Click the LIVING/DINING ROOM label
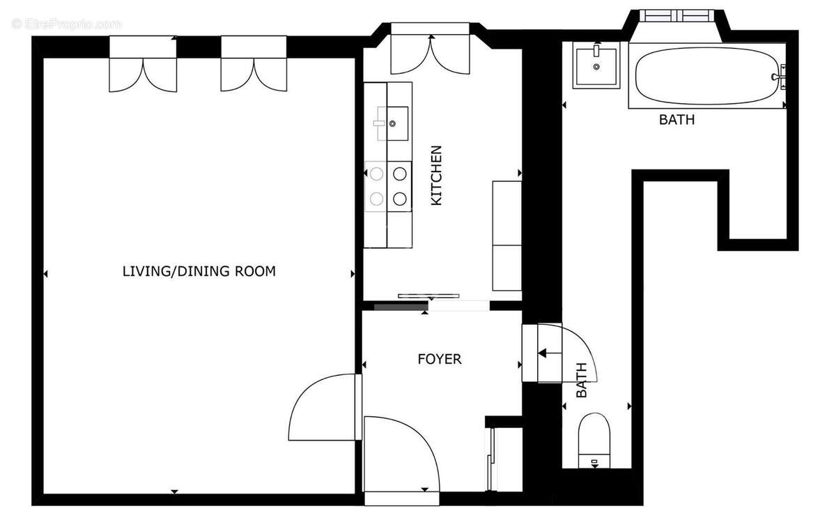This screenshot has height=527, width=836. pos(199,271)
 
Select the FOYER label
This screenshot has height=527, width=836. pos(439,359)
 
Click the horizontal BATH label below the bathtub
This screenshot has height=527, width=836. pos(676,120)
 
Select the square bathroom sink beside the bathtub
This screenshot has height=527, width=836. pos(596,65)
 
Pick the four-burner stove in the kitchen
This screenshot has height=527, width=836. pos(388,185)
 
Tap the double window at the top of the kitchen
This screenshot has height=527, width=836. pos(429,49)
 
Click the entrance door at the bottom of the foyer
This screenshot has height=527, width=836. pos(401,457)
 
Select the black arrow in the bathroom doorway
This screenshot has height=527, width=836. pos(550,353)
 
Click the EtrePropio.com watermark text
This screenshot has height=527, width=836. pos(66,24)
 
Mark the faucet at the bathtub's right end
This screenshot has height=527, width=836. pos(780,75)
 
